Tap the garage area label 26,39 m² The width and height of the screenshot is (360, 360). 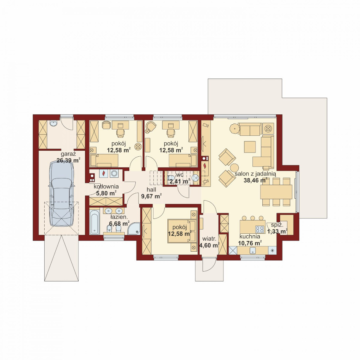pyautogui.click(x=68, y=160)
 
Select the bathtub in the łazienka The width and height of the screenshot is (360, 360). pyautogui.click(x=94, y=222)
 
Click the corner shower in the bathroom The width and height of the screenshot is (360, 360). pyautogui.click(x=134, y=228)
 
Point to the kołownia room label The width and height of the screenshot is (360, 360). pyautogui.click(x=106, y=186)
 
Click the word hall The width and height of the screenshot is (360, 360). pyautogui.click(x=151, y=190)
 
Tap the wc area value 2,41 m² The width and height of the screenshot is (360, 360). pyautogui.click(x=180, y=182)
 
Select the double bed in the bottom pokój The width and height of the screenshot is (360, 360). pyautogui.click(x=182, y=231)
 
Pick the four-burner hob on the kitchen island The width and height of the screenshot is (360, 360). pyautogui.click(x=260, y=229)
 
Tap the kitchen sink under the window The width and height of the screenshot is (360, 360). pyautogui.click(x=253, y=251)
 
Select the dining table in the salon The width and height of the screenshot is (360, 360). pyautogui.click(x=276, y=192)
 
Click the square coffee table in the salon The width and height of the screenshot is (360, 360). pyautogui.click(x=250, y=147)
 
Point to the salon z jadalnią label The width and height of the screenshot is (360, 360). pyautogui.click(x=255, y=174)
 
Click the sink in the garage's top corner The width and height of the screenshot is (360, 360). pyautogui.click(x=53, y=123)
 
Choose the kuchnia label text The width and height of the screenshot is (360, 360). pyautogui.click(x=250, y=236)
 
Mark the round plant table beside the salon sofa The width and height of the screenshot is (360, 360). pyautogui.click(x=235, y=129)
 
